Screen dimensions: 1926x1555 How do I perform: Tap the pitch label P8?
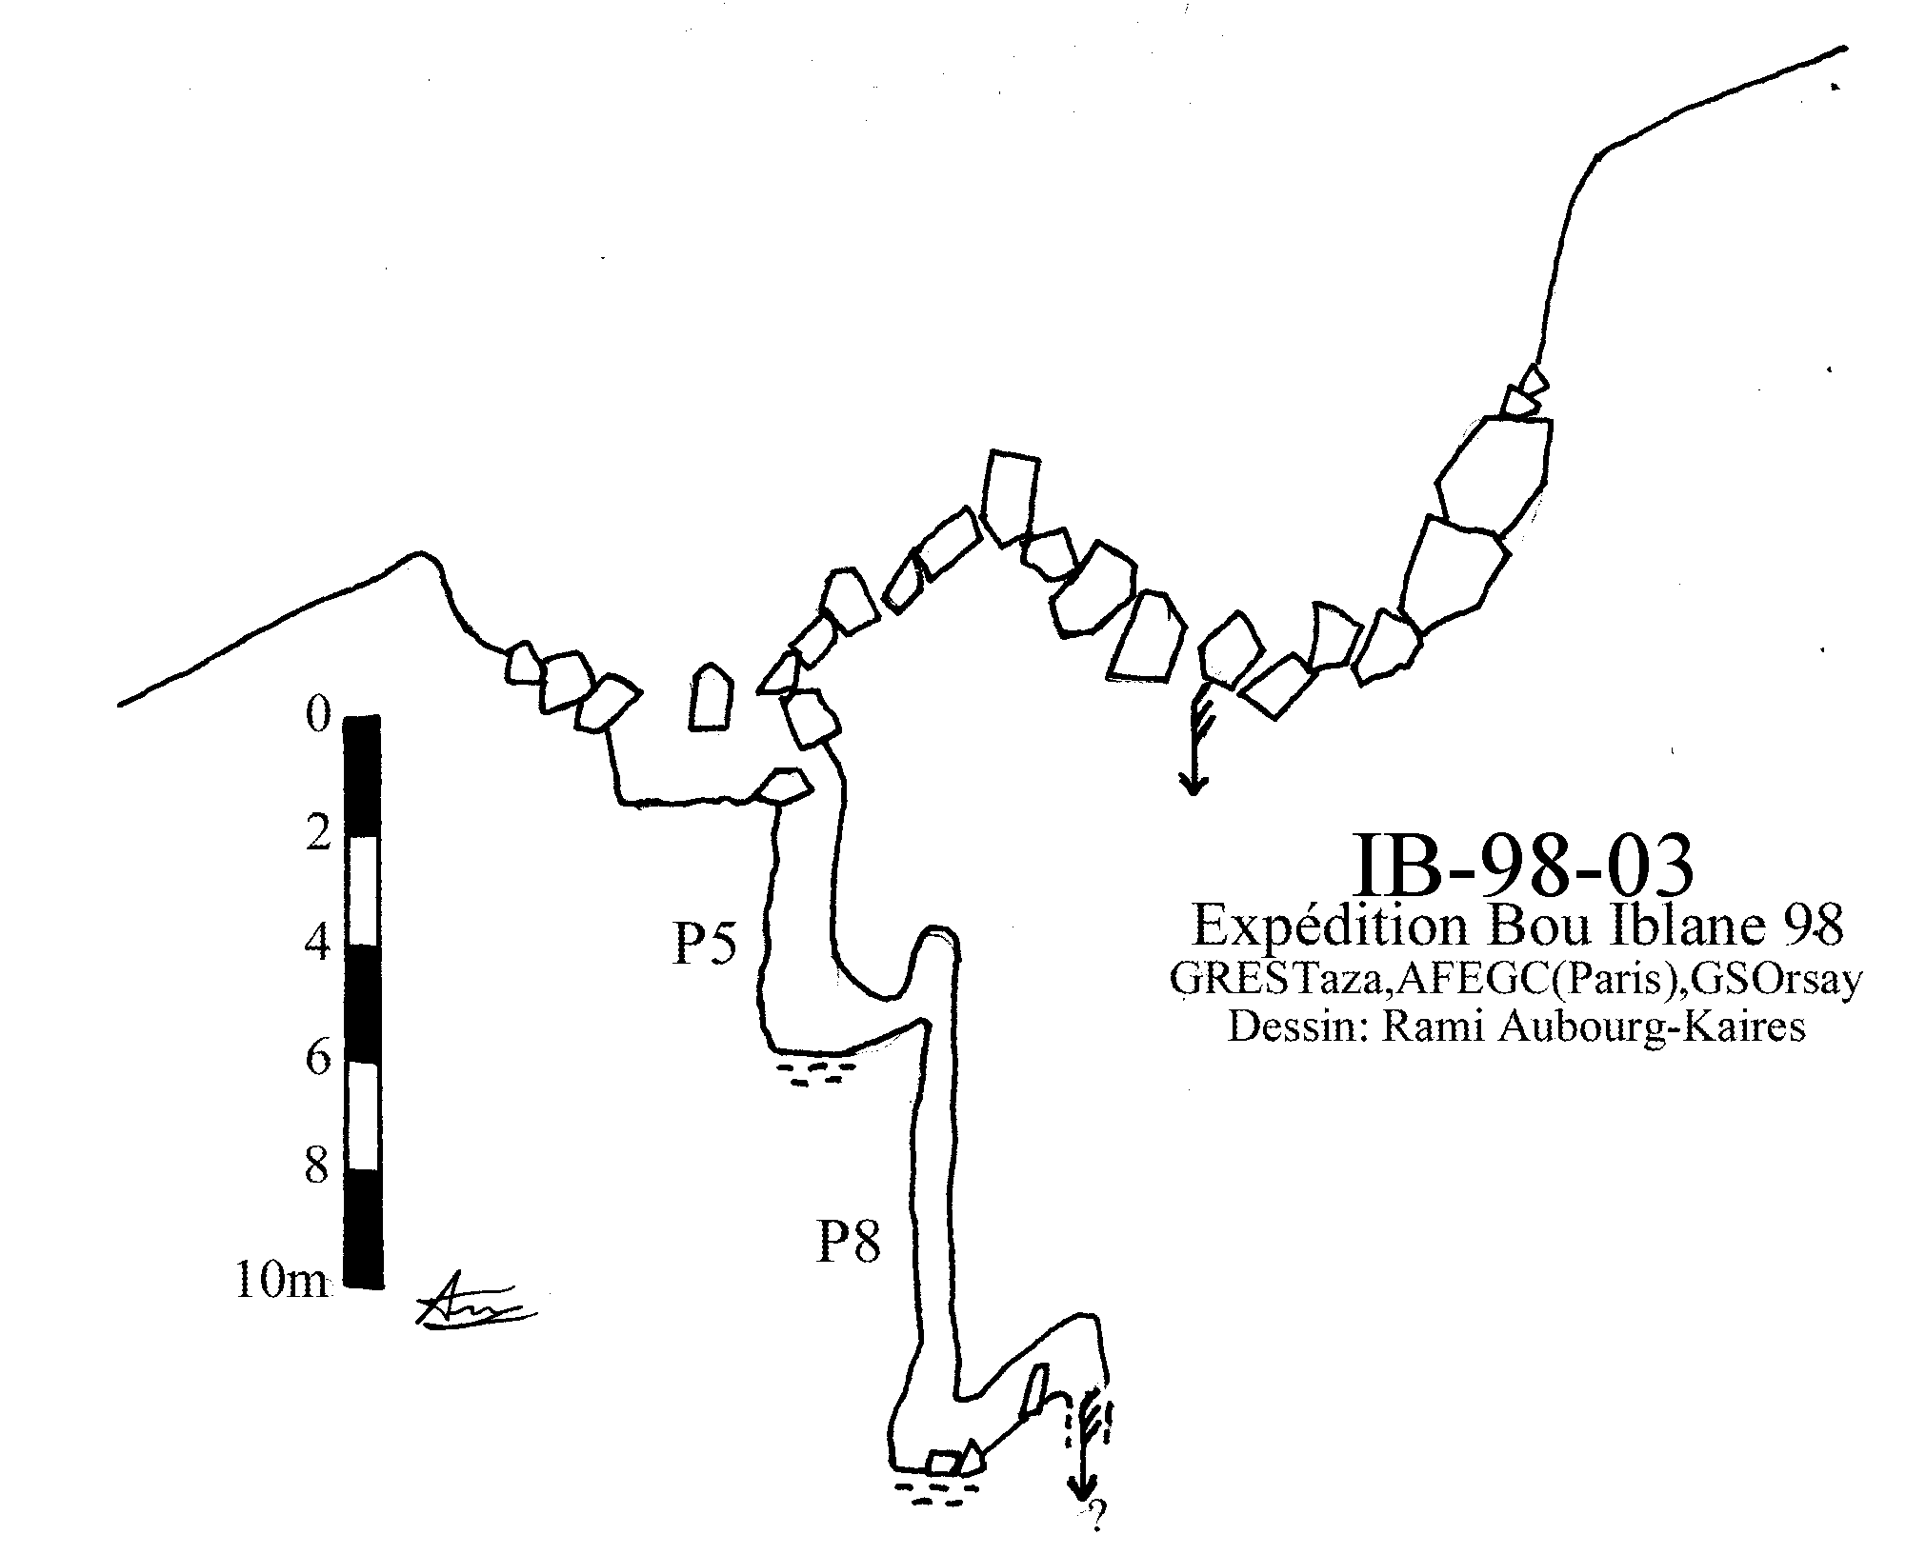(849, 1242)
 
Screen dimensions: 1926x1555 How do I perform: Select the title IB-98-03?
(1523, 865)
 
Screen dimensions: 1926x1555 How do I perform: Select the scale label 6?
(317, 1058)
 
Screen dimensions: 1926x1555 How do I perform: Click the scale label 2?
(317, 834)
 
